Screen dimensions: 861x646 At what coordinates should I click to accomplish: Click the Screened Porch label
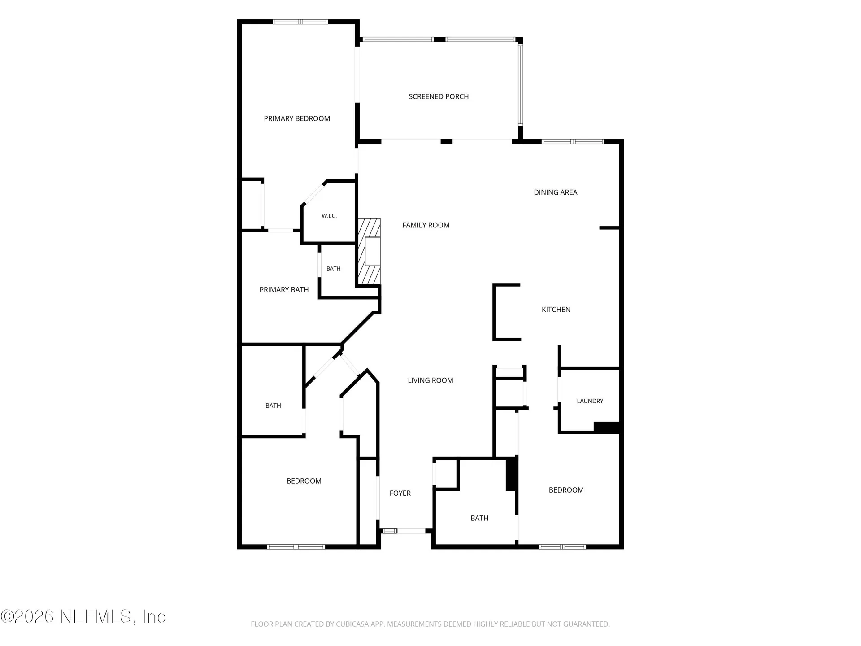[439, 96]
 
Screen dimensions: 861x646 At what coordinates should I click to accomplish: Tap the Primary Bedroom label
[297, 118]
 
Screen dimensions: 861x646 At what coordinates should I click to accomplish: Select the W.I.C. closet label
[329, 216]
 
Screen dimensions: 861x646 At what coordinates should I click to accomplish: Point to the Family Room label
[426, 225]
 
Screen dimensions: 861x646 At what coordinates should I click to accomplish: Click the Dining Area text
[556, 192]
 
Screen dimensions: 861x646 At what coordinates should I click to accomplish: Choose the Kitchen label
[556, 310]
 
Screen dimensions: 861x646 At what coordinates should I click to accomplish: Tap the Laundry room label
[590, 401]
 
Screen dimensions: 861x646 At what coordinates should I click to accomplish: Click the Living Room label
[430, 380]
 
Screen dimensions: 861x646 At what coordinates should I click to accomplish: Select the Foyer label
[400, 493]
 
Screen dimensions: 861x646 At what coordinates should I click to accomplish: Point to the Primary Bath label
[284, 290]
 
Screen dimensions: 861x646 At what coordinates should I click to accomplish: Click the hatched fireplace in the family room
[369, 252]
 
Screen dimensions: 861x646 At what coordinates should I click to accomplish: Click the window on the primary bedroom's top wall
[300, 22]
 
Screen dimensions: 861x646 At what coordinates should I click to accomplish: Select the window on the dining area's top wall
[573, 141]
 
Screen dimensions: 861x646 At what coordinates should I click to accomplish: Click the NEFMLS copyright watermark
[83, 616]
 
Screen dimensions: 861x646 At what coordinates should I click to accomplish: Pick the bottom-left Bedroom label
[304, 481]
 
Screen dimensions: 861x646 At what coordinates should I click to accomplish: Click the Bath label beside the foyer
[479, 518]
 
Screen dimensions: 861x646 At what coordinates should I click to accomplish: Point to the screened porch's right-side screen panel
[520, 85]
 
